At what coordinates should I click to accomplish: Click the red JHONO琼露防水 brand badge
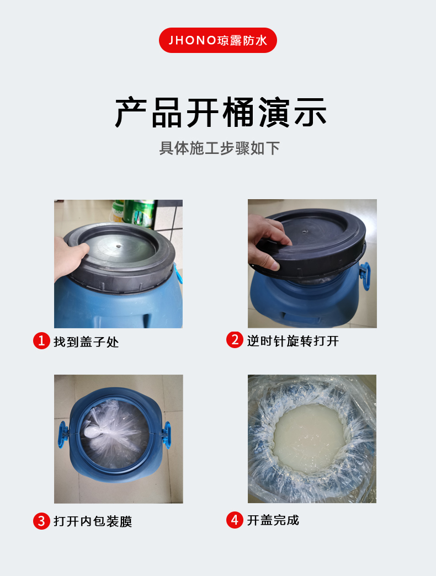pos(218,40)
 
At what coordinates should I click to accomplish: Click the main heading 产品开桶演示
pos(221,113)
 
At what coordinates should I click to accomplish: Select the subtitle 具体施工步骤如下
pos(219,148)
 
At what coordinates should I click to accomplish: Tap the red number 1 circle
pos(41,341)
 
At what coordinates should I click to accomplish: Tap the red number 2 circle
pos(235,340)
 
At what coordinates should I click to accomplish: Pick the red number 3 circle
pos(41,521)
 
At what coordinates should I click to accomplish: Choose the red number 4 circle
pos(235,520)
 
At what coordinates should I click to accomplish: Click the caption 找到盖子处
pos(86,342)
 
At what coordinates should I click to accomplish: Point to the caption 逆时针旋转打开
pos(293,341)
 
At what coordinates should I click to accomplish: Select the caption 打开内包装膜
pos(93,521)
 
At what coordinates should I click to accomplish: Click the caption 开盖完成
pos(273,520)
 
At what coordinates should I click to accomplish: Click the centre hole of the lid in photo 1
pos(118,246)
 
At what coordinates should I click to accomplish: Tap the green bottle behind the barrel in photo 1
pos(139,212)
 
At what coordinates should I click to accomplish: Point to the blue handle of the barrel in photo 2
pos(364,275)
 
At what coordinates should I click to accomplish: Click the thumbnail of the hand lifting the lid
pos(312,263)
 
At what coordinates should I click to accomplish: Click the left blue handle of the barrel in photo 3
pos(63,434)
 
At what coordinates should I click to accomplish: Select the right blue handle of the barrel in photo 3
pos(166,435)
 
